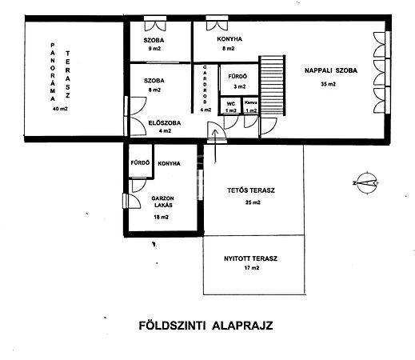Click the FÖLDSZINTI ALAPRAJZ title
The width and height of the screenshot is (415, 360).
(206, 326)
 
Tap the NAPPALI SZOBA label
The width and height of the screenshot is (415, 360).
(331, 70)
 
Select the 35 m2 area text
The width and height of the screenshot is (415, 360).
(328, 84)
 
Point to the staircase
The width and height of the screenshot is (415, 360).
(272, 86)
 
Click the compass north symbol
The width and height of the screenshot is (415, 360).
(366, 183)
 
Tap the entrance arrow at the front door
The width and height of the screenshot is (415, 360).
(215, 146)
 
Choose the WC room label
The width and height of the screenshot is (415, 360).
(231, 104)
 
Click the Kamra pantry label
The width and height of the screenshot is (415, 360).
(251, 102)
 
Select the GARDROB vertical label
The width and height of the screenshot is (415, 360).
(205, 85)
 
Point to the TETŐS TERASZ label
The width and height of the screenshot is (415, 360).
(251, 190)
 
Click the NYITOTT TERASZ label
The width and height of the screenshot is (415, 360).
(250, 258)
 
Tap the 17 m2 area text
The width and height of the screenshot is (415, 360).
(252, 268)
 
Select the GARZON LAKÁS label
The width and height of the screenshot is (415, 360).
(162, 202)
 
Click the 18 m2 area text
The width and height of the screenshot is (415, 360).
(161, 217)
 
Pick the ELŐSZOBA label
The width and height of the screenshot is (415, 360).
(165, 123)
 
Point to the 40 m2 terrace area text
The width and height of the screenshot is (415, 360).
(60, 109)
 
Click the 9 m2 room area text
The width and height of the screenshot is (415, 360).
(154, 49)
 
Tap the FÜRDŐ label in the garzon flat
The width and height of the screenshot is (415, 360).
(140, 162)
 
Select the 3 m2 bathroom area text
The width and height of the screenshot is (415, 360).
(239, 86)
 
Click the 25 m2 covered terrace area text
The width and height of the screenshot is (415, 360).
(253, 202)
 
